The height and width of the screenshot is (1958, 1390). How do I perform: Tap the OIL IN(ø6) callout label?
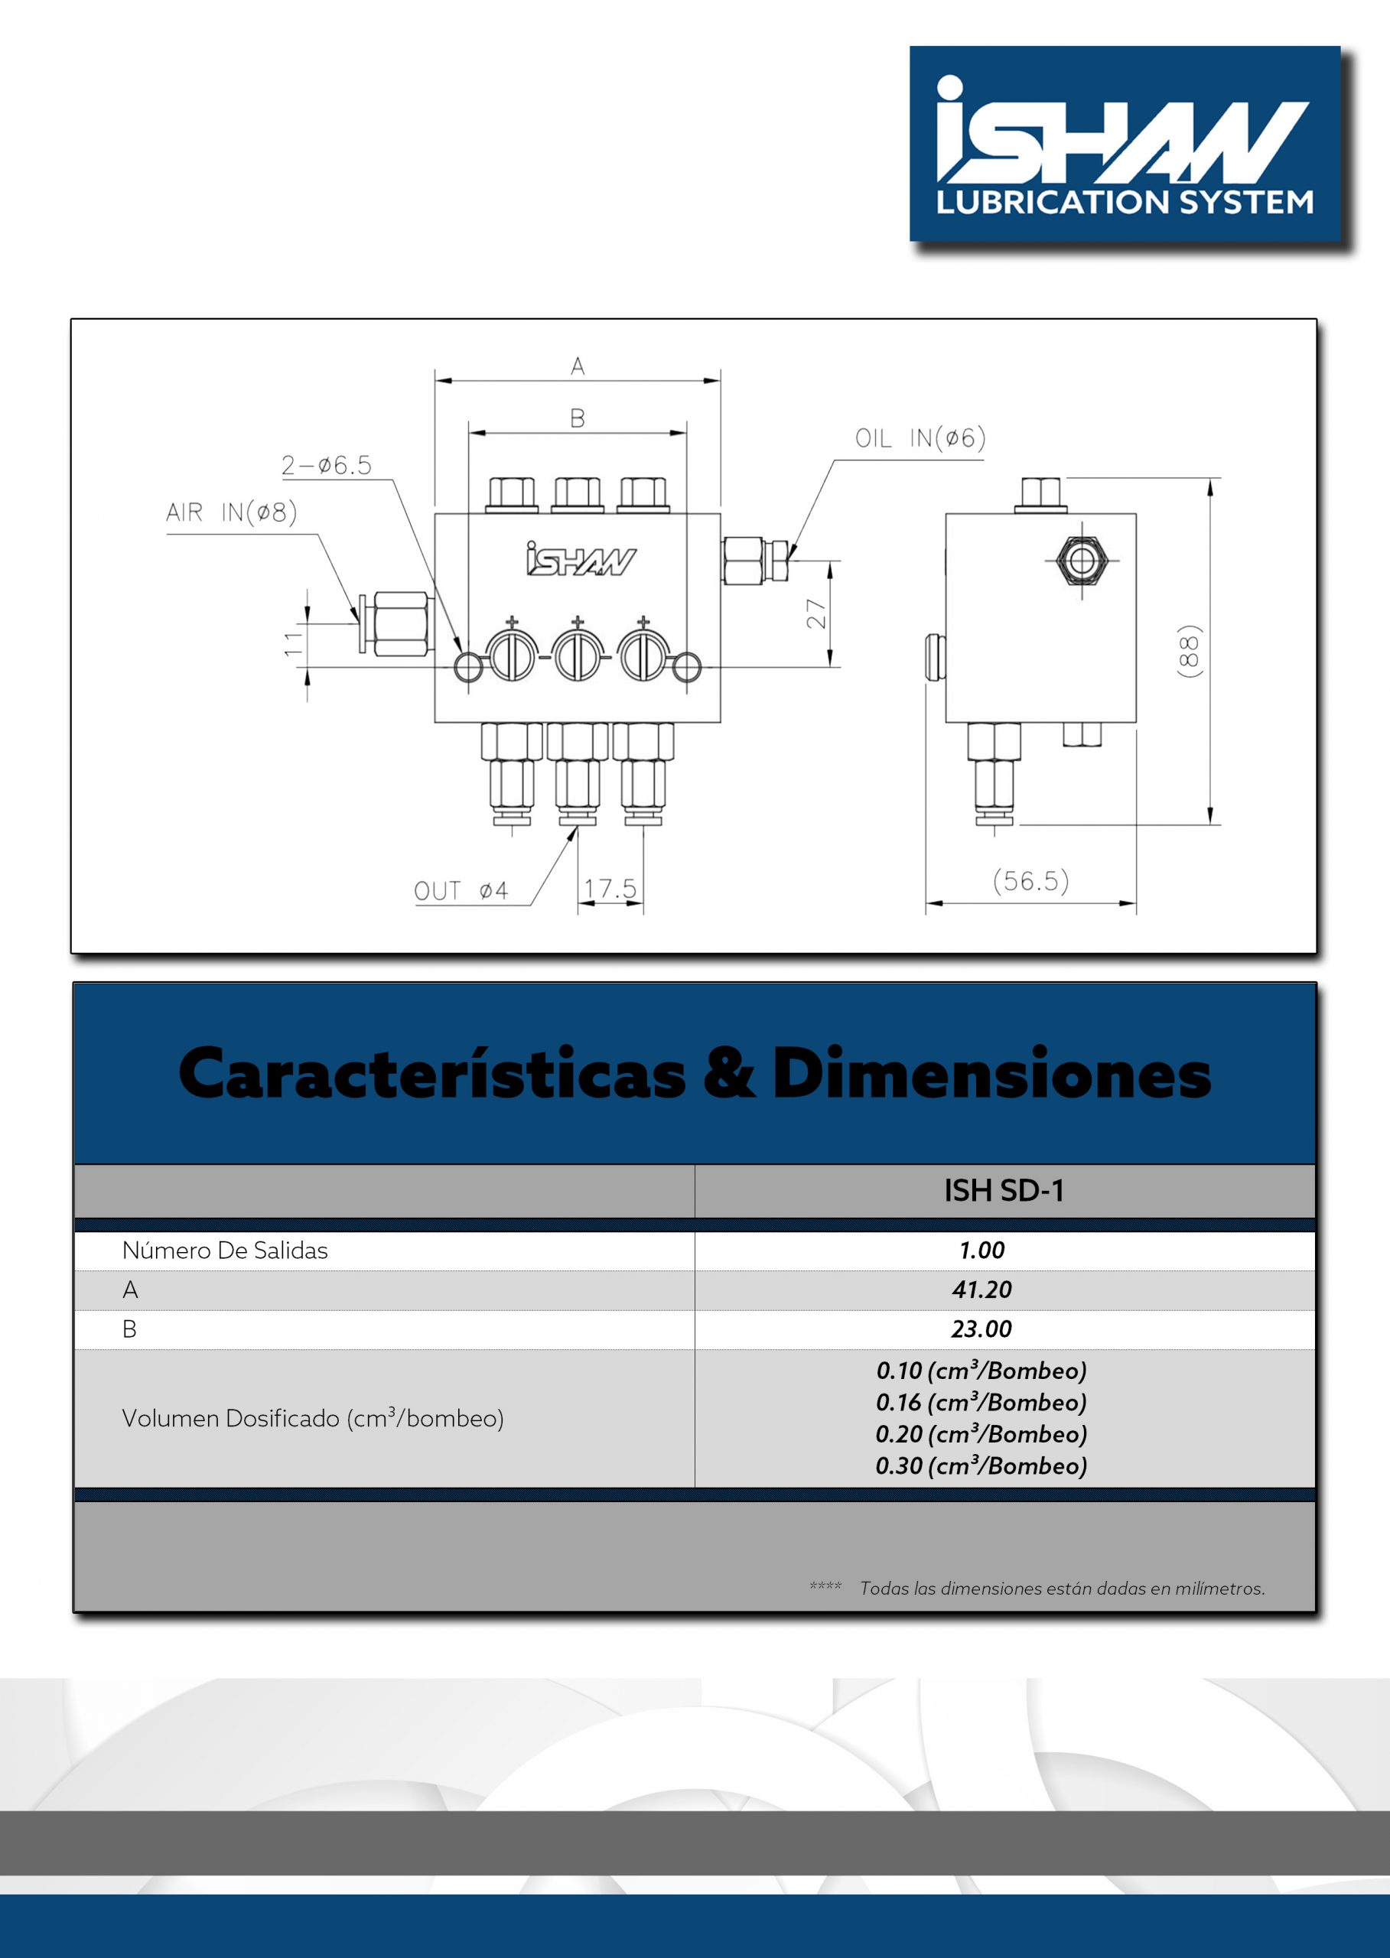pyautogui.click(x=920, y=438)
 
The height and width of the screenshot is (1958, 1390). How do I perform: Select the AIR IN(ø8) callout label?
pyautogui.click(x=231, y=512)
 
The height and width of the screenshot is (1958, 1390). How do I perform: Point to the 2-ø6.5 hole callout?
pyautogui.click(x=326, y=465)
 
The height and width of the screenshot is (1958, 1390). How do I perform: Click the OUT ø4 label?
pyautogui.click(x=461, y=891)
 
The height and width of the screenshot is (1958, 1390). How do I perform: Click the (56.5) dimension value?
pyautogui.click(x=1030, y=880)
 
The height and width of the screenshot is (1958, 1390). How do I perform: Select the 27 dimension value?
pyautogui.click(x=816, y=613)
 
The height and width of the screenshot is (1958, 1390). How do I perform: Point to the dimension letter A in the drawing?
pyautogui.click(x=578, y=366)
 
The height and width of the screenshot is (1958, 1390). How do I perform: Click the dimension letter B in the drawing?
pyautogui.click(x=578, y=418)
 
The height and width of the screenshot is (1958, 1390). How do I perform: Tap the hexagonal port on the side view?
pyautogui.click(x=1081, y=561)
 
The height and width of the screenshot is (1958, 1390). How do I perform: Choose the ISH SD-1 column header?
pyautogui.click(x=1003, y=1190)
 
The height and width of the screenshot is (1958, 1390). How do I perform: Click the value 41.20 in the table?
pyautogui.click(x=981, y=1290)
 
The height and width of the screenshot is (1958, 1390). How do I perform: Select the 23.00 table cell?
pyautogui.click(x=981, y=1329)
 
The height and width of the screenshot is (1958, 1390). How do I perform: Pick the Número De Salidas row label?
pyautogui.click(x=225, y=1251)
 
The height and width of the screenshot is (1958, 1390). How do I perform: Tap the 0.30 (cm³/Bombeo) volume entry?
pyautogui.click(x=981, y=1466)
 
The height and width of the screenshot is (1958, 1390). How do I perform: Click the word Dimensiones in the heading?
pyautogui.click(x=991, y=1074)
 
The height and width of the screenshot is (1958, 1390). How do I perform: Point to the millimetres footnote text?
pyautogui.click(x=1061, y=1589)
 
